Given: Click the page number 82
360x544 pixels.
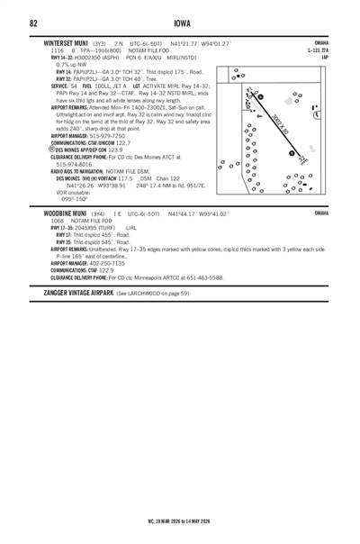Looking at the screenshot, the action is click(33, 23).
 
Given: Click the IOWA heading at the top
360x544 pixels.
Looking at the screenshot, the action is click(180, 23).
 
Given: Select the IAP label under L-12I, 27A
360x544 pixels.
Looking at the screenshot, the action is click(325, 57).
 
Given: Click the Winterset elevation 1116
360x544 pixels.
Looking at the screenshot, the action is click(58, 50).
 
